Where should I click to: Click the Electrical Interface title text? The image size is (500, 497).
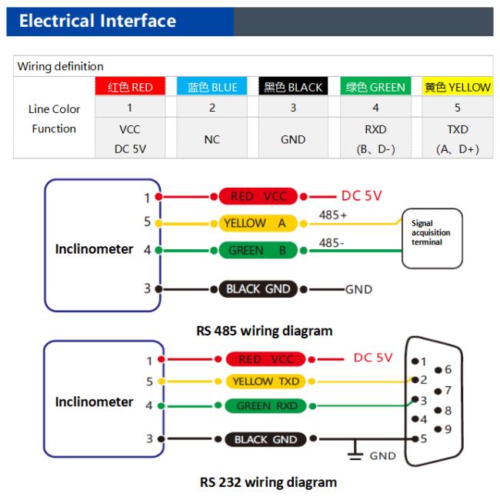pos(98,21)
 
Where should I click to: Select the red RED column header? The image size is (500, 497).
pos(130,86)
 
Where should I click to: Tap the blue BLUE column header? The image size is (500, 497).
pos(212,86)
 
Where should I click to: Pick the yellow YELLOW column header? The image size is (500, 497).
pos(458,86)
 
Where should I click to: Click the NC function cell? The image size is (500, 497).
pos(212,139)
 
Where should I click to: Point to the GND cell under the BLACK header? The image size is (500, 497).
pos(293,139)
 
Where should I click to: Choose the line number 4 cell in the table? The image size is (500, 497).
pos(375,108)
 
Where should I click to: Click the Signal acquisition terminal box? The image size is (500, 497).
pos(432,238)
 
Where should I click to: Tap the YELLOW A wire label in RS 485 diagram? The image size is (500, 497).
pos(258,223)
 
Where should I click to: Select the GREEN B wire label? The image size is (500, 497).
pos(258,251)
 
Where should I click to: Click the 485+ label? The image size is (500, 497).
pos(333,215)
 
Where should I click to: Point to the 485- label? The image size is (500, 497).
pos(332,243)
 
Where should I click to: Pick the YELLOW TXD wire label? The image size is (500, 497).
pos(265,382)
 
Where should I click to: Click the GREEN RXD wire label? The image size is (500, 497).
pos(265,405)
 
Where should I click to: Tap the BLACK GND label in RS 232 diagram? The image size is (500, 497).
pos(265,439)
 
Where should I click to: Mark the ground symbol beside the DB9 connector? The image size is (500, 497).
pos(355,450)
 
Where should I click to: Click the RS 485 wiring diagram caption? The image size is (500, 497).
pos(265,331)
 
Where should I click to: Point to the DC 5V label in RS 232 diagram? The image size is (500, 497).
pos(373,358)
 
